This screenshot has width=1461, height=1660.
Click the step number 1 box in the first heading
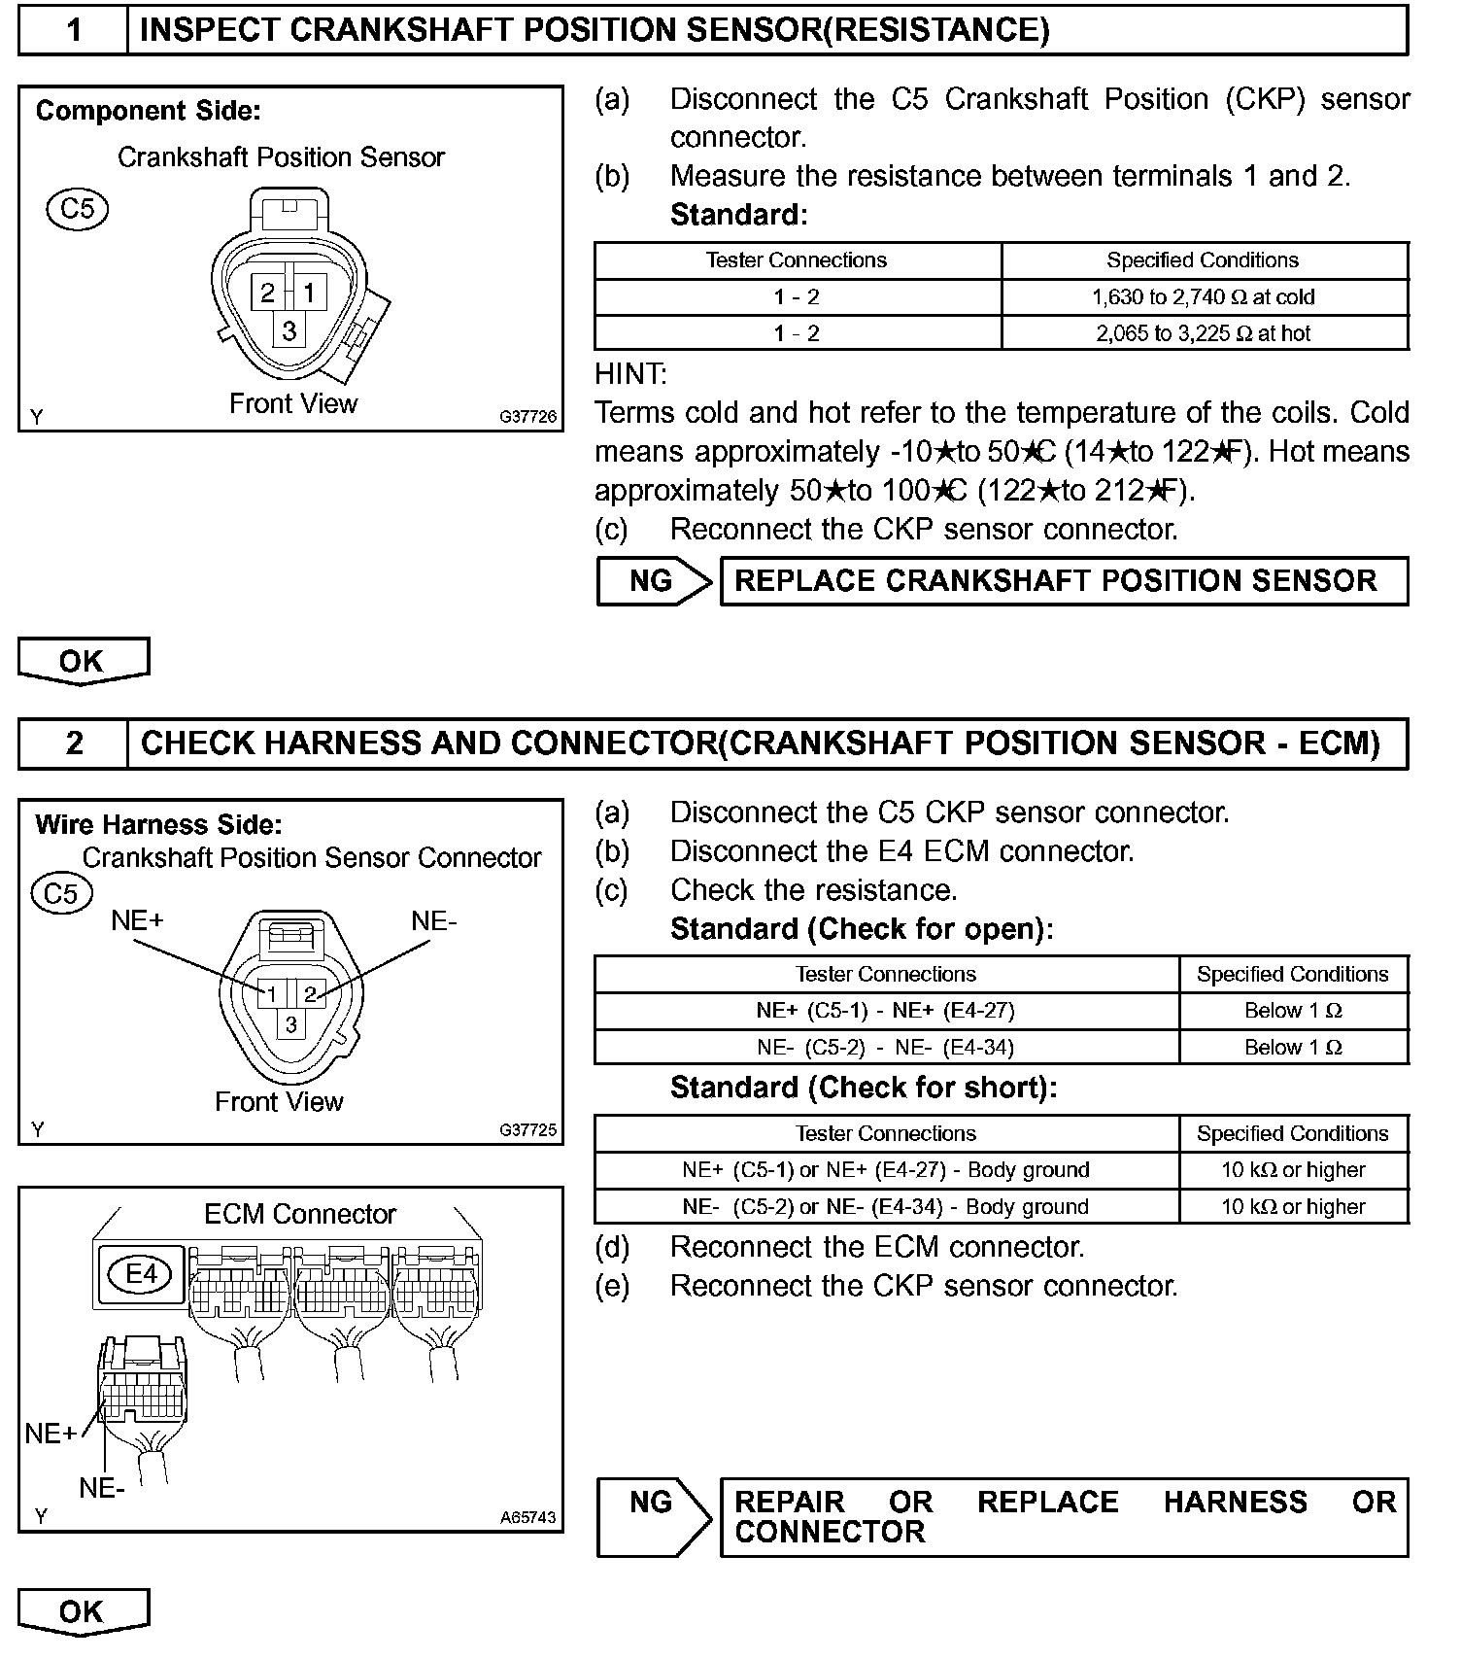(73, 30)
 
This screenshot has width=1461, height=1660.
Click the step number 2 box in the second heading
(73, 744)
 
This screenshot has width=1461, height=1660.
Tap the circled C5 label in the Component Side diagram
(78, 209)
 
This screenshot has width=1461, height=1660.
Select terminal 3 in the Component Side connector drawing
(289, 331)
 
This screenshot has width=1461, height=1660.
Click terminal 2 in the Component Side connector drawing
(267, 293)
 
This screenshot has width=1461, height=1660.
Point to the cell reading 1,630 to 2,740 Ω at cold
(1204, 297)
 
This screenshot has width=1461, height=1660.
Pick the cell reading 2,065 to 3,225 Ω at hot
(1204, 333)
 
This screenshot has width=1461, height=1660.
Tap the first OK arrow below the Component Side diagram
(83, 661)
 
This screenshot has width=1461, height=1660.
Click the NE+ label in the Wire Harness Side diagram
(137, 920)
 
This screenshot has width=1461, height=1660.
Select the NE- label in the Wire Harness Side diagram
(433, 920)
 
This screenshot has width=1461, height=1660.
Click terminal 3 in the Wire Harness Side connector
(290, 1024)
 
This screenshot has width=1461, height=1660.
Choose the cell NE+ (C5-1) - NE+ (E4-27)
(886, 1011)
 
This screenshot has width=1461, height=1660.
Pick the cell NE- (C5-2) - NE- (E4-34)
(886, 1048)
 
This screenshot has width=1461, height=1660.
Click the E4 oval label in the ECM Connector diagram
(142, 1273)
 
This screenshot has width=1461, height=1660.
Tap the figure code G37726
(528, 417)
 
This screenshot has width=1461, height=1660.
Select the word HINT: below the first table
(630, 373)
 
